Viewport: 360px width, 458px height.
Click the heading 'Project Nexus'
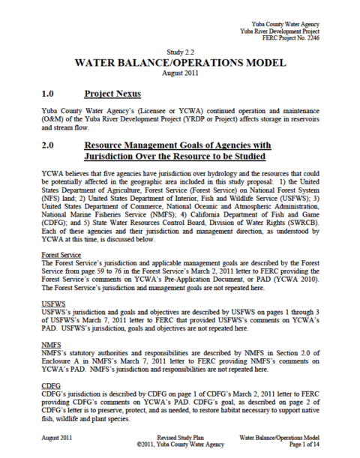coord(114,95)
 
